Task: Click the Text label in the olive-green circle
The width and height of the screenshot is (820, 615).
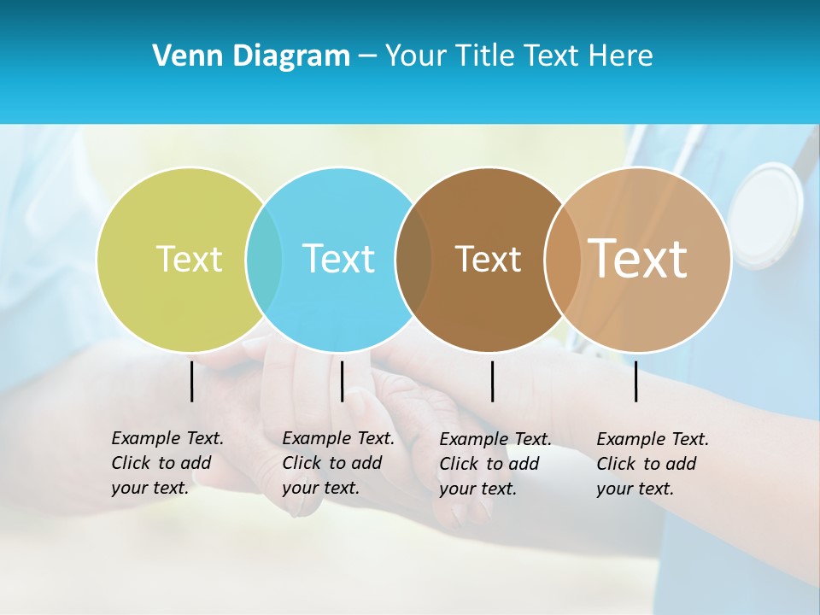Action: click(x=189, y=259)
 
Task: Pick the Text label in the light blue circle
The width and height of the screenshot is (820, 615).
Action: click(x=339, y=259)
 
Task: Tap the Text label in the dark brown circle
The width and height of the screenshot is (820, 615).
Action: click(x=488, y=259)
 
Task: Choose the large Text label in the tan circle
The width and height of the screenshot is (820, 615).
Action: click(x=638, y=258)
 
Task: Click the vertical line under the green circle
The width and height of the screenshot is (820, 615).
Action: click(x=192, y=381)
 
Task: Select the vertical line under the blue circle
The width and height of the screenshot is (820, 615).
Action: click(x=342, y=381)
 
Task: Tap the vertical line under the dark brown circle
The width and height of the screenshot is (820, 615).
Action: click(x=492, y=381)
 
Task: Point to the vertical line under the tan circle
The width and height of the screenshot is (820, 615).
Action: click(x=636, y=381)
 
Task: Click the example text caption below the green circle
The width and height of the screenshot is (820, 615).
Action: click(x=167, y=463)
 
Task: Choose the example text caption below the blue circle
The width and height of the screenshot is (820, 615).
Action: click(x=337, y=463)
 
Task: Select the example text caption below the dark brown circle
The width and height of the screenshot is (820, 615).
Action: click(x=495, y=464)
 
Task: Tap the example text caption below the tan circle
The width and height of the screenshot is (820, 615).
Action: click(x=652, y=464)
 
